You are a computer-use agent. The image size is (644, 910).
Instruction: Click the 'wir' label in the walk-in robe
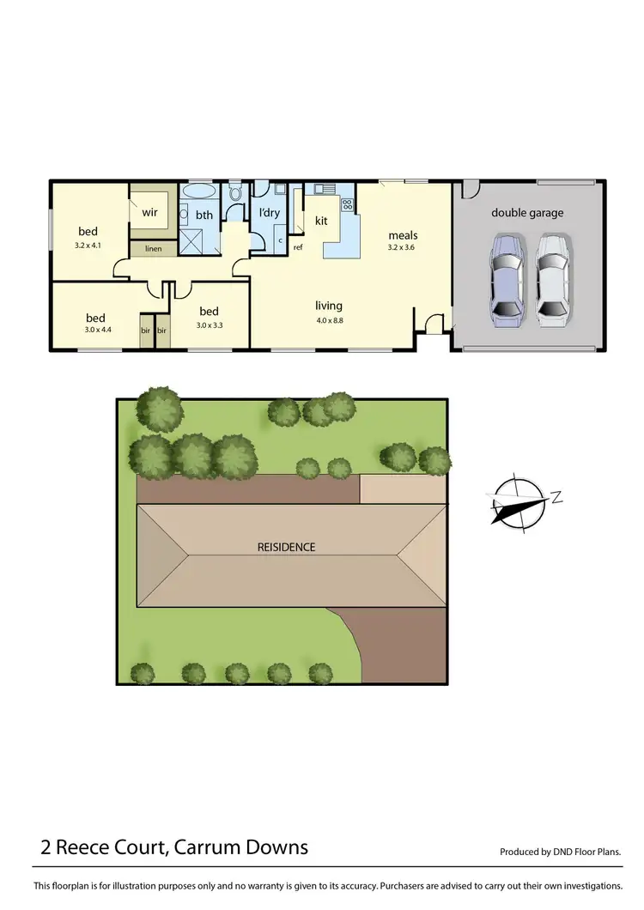149,211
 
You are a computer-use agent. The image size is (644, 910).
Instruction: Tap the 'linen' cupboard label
153,249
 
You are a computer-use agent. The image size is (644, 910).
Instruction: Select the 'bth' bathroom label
204,215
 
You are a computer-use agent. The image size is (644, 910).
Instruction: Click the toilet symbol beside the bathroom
235,193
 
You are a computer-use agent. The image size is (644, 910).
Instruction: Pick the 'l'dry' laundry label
269,212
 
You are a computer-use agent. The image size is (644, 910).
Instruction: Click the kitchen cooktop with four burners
348,204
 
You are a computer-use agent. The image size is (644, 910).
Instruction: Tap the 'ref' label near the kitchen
298,248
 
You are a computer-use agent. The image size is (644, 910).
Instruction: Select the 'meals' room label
403,234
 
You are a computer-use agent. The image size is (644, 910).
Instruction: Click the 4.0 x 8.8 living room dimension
329,320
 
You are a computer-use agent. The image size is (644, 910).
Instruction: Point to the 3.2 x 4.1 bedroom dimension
88,245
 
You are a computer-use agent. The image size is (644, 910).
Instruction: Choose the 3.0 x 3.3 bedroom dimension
210,325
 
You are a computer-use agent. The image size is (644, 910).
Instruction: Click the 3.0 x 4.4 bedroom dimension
98,330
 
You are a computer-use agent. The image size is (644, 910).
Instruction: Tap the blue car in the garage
507,280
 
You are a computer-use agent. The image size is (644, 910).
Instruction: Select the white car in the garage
552,280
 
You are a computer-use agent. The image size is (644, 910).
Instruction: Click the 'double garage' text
527,212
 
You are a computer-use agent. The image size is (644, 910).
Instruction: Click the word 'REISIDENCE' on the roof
286,547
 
